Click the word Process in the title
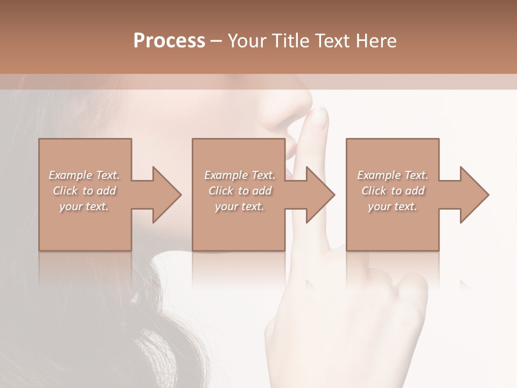(x=169, y=41)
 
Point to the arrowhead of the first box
(x=167, y=195)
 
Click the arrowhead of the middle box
(x=320, y=195)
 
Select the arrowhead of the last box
(x=474, y=195)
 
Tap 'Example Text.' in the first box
(x=84, y=175)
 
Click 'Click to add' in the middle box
(x=240, y=191)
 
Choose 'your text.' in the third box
(x=393, y=206)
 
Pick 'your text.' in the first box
(x=84, y=206)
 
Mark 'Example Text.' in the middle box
(x=240, y=175)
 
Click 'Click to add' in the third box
(x=393, y=191)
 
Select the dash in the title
(x=216, y=41)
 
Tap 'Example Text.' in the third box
(x=393, y=175)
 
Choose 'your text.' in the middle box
(x=240, y=206)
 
